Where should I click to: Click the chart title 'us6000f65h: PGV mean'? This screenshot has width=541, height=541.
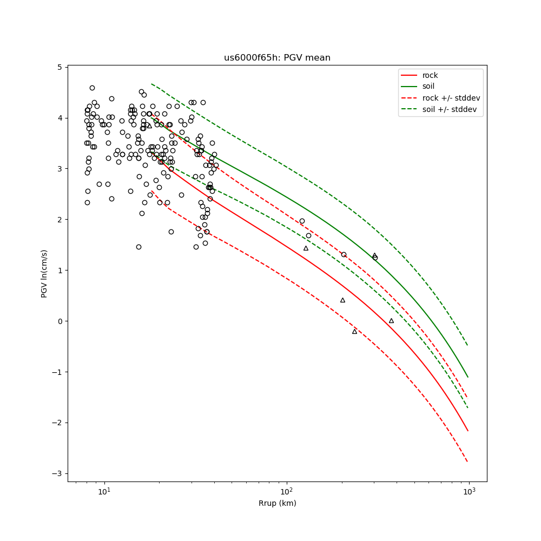[x=277, y=58]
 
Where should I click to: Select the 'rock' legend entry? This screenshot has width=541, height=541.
[x=430, y=75]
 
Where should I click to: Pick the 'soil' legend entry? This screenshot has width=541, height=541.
[x=428, y=86]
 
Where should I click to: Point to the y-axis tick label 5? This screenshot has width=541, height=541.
[x=60, y=67]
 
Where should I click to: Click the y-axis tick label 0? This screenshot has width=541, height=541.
[x=60, y=321]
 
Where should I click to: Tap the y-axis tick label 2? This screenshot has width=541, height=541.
[x=60, y=220]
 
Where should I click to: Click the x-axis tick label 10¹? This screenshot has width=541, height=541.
[x=104, y=492]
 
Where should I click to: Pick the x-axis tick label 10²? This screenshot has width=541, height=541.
[x=286, y=492]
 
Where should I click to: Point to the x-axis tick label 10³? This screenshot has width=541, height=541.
[x=469, y=492]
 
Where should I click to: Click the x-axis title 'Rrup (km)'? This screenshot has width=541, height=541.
[x=277, y=504]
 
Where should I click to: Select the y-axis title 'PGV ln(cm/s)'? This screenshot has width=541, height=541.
[x=44, y=274]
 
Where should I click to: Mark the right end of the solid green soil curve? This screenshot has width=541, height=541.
[x=468, y=377]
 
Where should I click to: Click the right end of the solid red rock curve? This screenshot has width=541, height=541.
[x=468, y=431]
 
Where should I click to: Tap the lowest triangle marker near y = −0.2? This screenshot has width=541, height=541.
[x=355, y=331]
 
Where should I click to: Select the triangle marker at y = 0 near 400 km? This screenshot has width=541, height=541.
[x=391, y=321]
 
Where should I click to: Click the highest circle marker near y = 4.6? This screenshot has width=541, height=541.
[x=92, y=88]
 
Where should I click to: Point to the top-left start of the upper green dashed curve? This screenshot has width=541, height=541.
[x=152, y=84]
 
